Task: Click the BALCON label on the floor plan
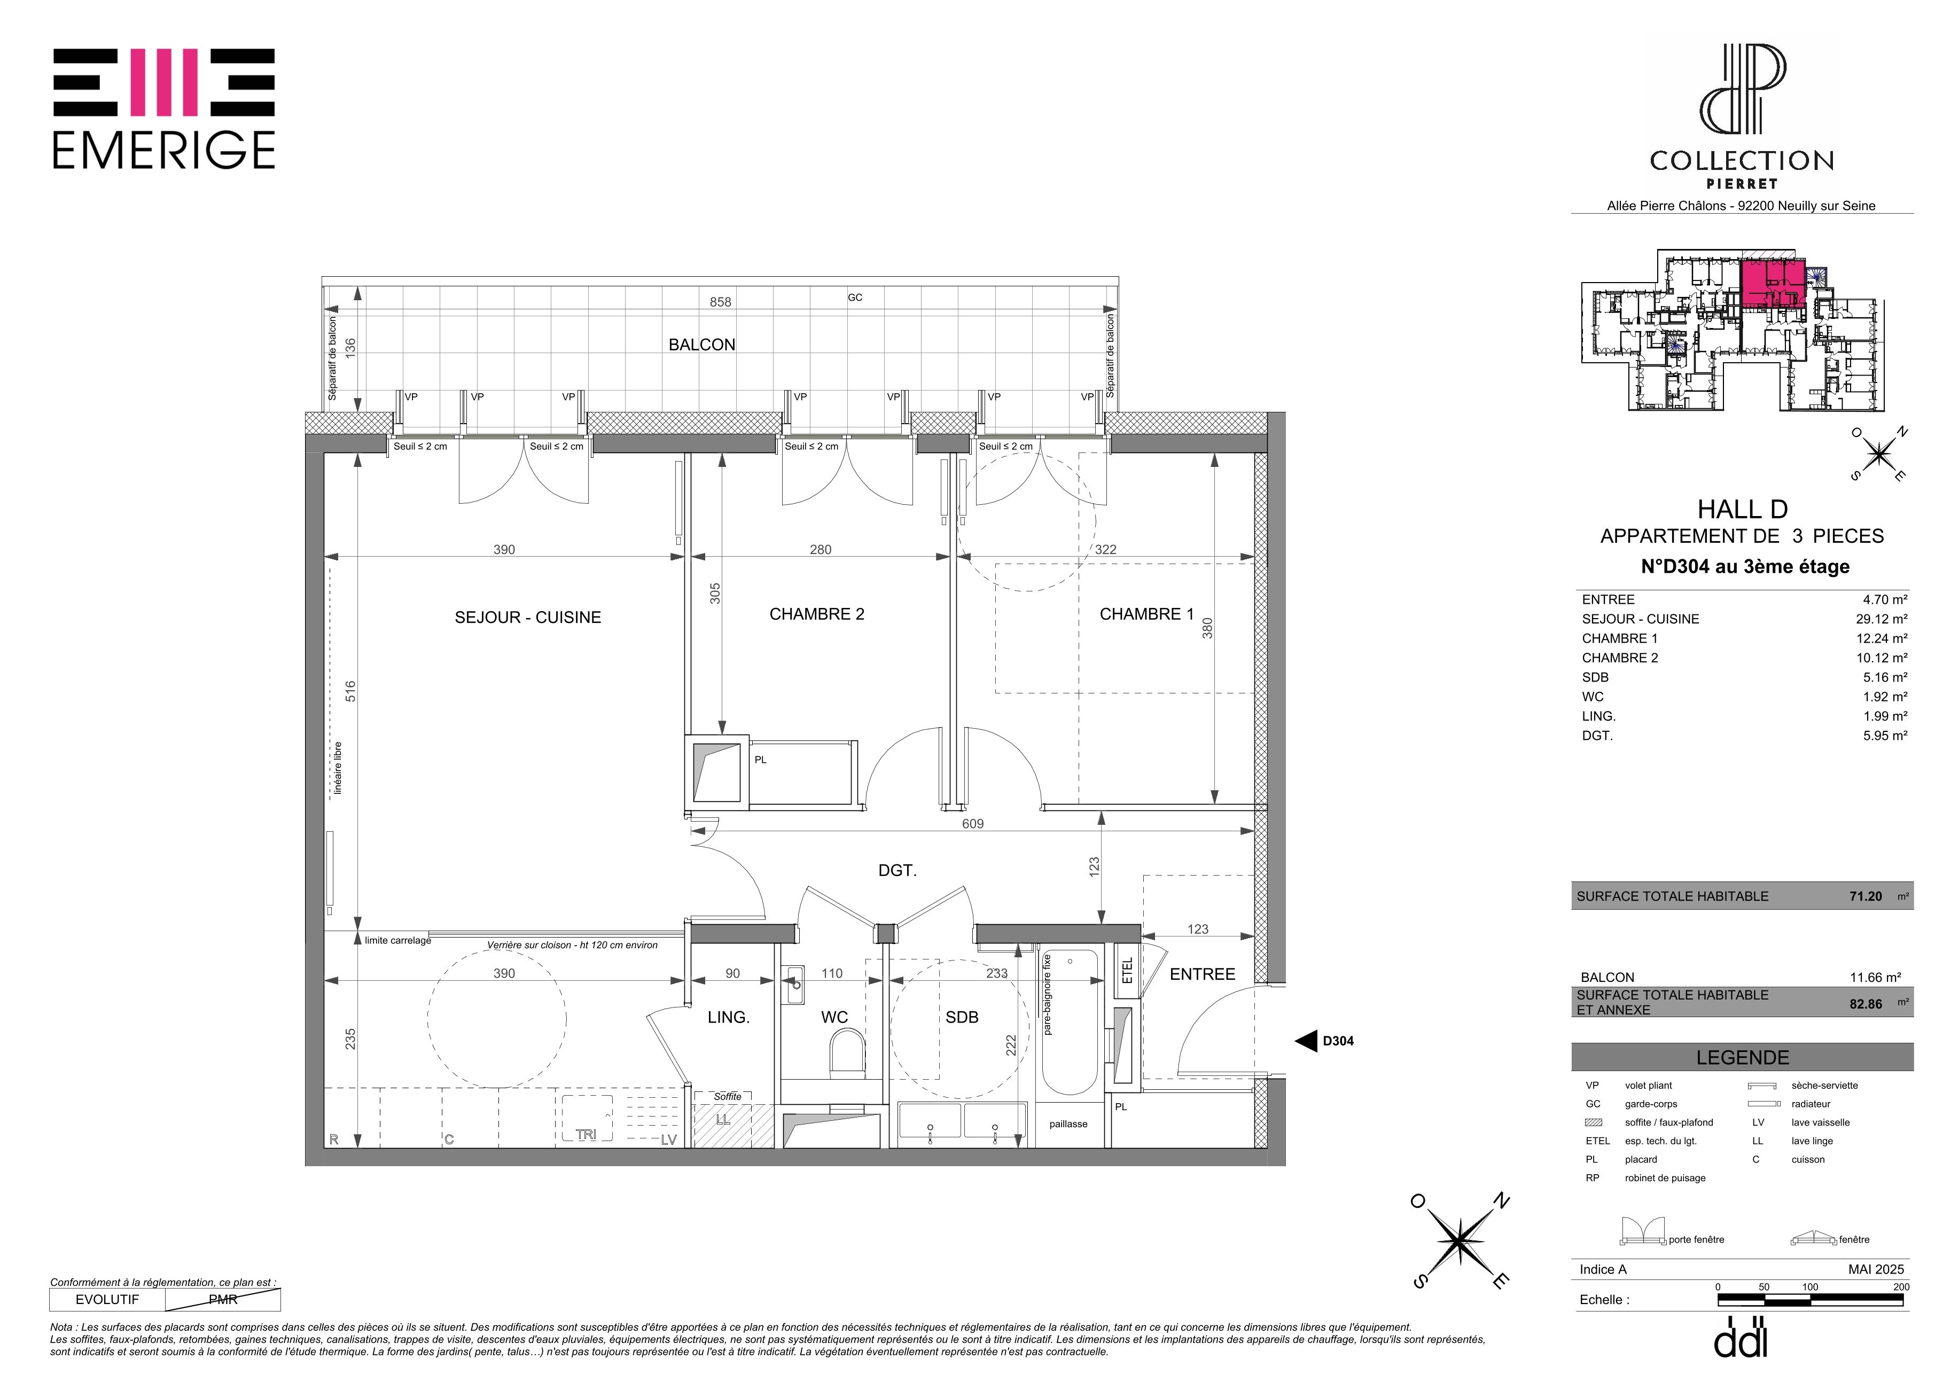(701, 345)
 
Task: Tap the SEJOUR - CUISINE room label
(527, 618)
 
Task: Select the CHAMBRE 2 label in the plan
(817, 614)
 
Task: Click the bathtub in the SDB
(1070, 1023)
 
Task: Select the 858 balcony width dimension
(720, 302)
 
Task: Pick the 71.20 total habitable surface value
(1865, 896)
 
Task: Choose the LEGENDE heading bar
(1743, 1058)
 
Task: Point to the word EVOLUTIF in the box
(107, 1300)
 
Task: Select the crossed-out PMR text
(223, 1300)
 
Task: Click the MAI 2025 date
(1876, 1269)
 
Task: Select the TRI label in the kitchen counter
(586, 1135)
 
